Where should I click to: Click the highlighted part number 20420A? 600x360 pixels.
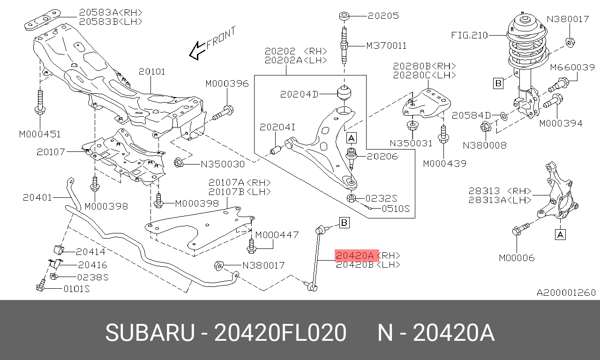point(354,255)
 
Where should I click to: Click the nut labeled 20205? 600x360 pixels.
point(344,16)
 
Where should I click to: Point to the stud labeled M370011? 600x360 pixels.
point(345,45)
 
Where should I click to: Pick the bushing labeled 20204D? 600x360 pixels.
point(345,93)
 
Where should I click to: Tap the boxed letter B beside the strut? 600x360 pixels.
point(498,83)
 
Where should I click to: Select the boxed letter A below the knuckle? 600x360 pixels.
point(560,234)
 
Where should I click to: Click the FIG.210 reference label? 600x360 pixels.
point(469,35)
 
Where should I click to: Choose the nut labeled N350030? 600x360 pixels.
point(178,163)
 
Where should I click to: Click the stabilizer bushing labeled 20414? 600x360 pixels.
point(59,250)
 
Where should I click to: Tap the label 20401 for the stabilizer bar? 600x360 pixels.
point(37,197)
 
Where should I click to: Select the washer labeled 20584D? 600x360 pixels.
point(503,115)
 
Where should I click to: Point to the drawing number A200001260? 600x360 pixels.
point(566,292)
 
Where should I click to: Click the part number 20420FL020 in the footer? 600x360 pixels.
point(280,333)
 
